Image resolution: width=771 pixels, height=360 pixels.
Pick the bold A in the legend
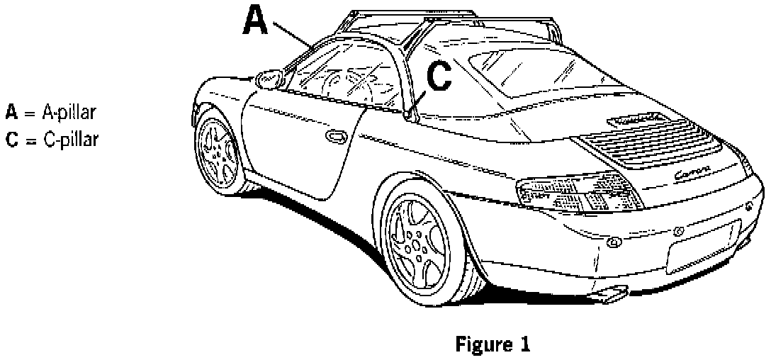coord(11,112)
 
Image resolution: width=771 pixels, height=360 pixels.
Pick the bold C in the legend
coord(11,137)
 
